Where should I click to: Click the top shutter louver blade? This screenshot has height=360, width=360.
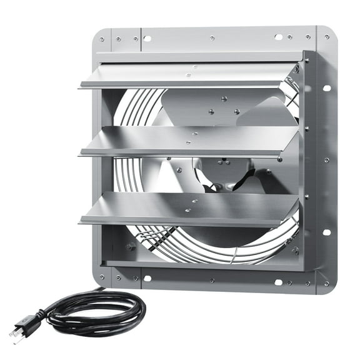click(x=187, y=75)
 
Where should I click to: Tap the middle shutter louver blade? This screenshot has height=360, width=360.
click(x=187, y=141)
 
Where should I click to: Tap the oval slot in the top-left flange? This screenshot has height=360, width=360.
click(x=147, y=38)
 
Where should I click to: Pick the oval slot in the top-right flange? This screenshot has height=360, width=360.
click(x=278, y=37)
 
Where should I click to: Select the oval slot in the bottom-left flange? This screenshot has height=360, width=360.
click(x=147, y=279)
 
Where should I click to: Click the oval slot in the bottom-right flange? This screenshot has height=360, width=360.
click(x=278, y=282)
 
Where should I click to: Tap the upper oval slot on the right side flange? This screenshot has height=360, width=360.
click(x=326, y=88)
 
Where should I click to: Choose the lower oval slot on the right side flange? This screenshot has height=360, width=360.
click(x=326, y=232)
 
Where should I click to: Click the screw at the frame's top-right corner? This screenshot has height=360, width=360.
click(x=326, y=37)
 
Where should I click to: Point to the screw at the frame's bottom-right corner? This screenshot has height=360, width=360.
click(x=327, y=282)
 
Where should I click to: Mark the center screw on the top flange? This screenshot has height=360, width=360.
click(x=212, y=38)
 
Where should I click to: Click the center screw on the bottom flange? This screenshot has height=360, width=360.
click(x=212, y=281)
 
